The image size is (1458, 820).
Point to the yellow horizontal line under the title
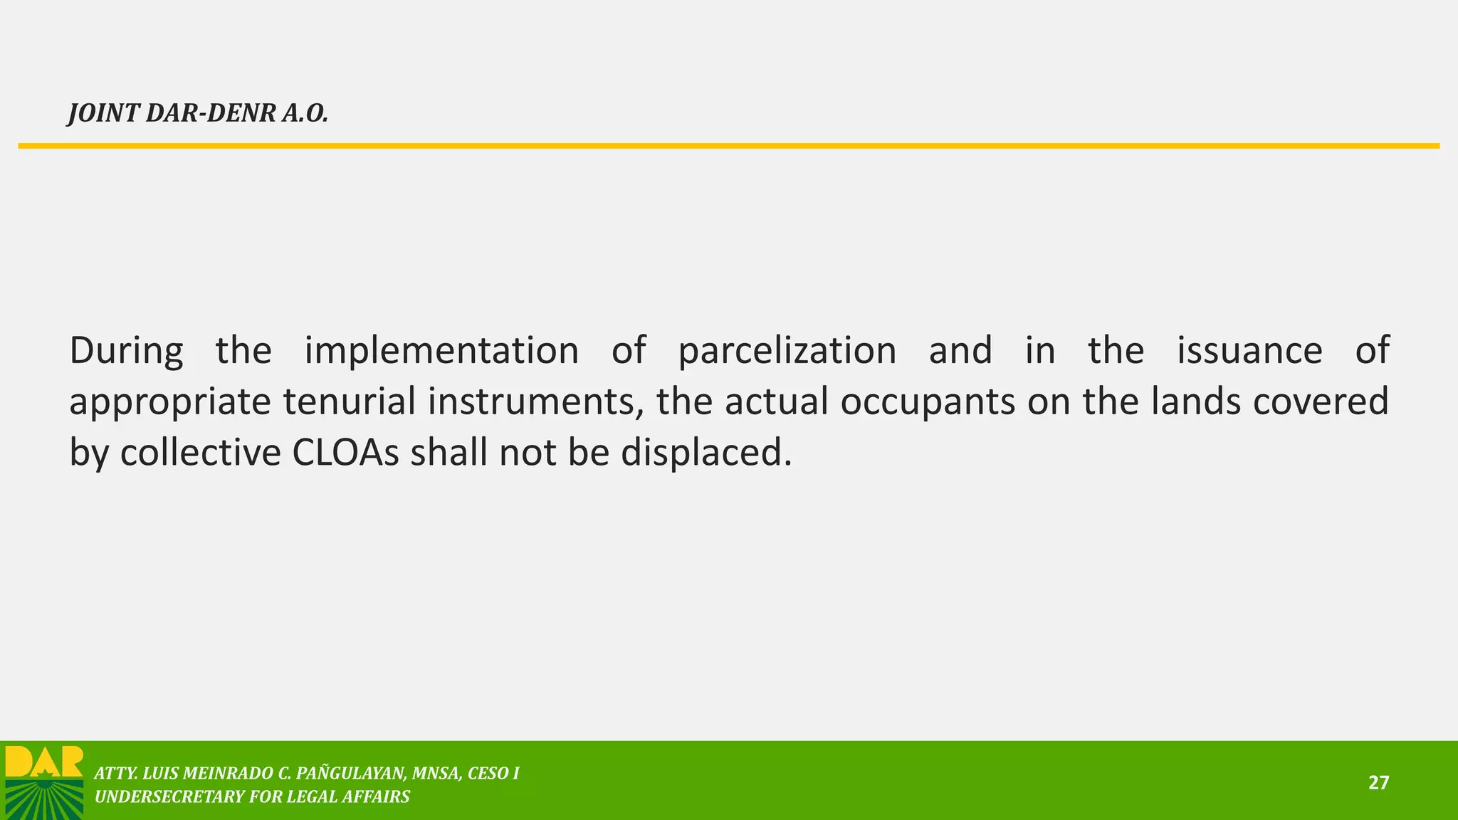pyautogui.click(x=729, y=146)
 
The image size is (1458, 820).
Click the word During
pyautogui.click(x=126, y=350)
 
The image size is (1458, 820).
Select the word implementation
pyautogui.click(x=441, y=350)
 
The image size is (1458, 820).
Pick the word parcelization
pyautogui.click(x=787, y=352)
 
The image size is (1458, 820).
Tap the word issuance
pyautogui.click(x=1249, y=350)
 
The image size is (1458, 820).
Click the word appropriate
pyautogui.click(x=170, y=403)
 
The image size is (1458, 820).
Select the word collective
pyautogui.click(x=201, y=453)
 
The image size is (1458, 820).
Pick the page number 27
pyautogui.click(x=1378, y=783)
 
